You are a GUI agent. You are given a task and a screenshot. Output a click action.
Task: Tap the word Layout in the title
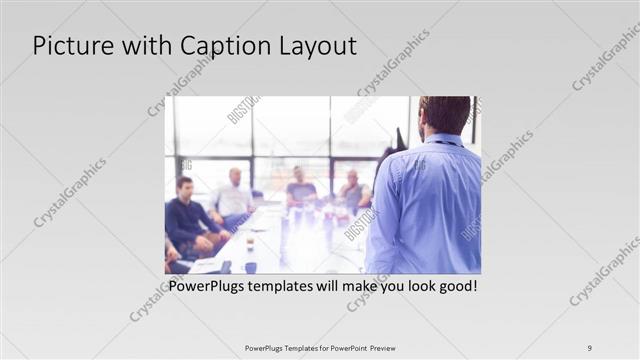coord(315,47)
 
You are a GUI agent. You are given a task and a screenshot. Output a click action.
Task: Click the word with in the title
coord(143,47)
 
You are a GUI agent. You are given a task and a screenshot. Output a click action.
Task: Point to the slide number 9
coord(590,348)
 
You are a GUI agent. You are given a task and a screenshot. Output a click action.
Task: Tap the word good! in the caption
coord(456,286)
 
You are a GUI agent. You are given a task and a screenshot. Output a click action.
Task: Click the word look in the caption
coord(415,286)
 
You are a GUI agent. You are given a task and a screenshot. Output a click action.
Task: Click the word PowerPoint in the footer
coord(342,348)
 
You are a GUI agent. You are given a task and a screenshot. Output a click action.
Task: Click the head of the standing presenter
coord(444,114)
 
